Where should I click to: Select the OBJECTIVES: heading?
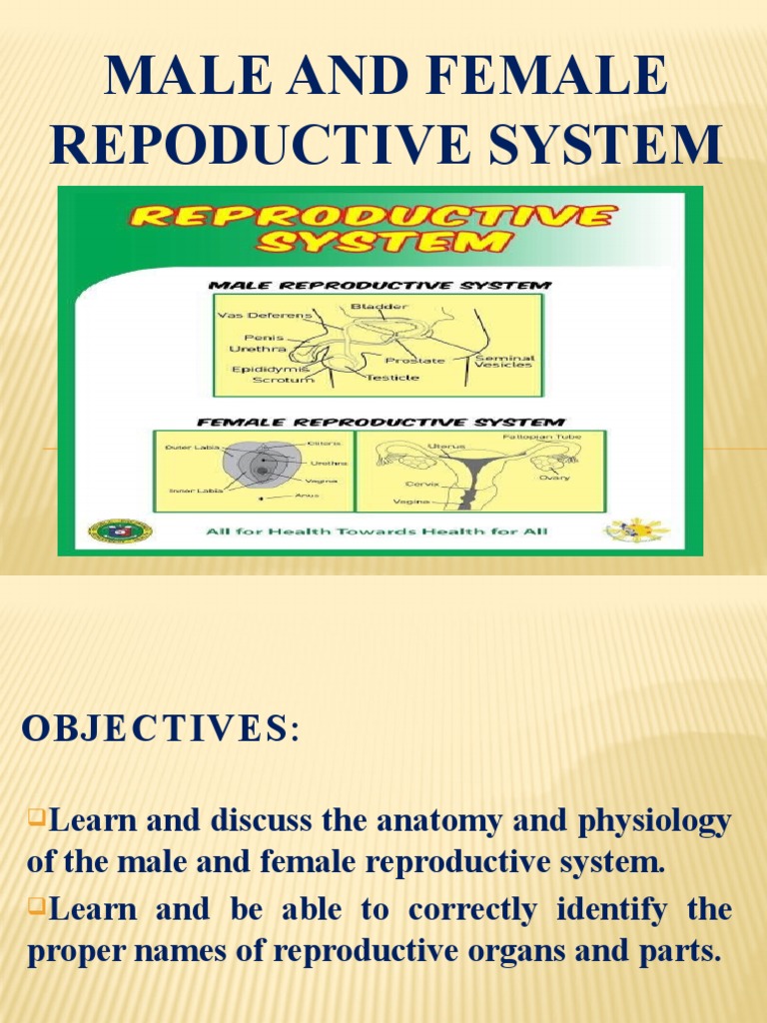tap(160, 730)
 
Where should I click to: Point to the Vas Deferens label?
tap(265, 315)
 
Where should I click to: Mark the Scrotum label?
tap(283, 380)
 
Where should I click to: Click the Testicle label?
tap(391, 379)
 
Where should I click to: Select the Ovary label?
tap(555, 478)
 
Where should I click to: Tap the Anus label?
tap(293, 496)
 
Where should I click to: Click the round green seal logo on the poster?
tap(120, 530)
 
